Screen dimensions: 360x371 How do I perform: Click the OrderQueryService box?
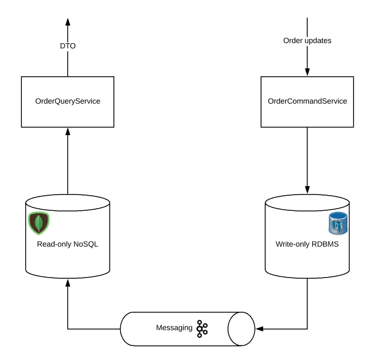67,101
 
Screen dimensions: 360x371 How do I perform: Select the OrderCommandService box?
307,101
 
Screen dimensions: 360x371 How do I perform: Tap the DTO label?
67,46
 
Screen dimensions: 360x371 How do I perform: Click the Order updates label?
307,40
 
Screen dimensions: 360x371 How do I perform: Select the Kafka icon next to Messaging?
202,328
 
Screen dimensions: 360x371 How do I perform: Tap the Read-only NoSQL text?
67,244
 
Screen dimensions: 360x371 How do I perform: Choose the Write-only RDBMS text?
307,244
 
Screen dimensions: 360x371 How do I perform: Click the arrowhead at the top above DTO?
67,21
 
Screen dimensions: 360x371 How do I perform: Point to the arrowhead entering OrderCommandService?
307,72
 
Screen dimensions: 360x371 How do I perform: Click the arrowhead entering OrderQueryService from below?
67,131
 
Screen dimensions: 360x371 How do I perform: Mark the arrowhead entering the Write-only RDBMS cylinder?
307,190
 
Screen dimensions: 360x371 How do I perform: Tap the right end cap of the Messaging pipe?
235,328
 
